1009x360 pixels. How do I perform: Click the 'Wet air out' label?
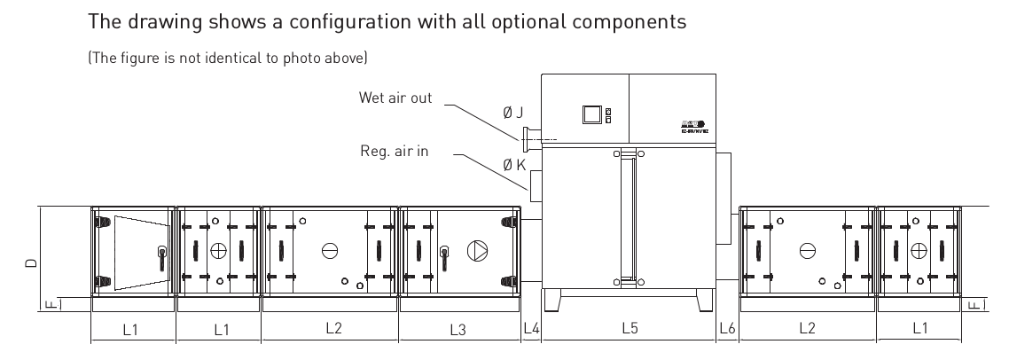395,98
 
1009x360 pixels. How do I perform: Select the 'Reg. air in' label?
395,152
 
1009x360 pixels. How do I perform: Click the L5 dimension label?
630,329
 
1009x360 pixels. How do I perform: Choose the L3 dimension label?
458,329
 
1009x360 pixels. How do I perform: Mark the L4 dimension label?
531,329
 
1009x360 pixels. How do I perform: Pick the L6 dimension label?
727,329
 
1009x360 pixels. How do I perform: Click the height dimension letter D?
31,263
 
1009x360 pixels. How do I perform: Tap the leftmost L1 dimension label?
132,329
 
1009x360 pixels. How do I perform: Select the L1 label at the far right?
919,329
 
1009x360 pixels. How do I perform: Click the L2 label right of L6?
807,329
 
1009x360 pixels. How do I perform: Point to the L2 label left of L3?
330,329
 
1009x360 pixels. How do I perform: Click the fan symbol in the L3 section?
477,250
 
